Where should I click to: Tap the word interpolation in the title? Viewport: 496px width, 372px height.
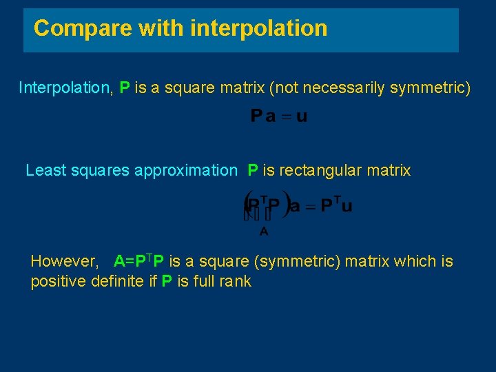coord(258,28)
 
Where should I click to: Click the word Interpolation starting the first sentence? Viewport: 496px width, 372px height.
coord(66,87)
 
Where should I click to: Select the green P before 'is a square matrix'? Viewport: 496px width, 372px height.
coord(125,87)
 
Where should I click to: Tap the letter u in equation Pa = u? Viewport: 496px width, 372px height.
coord(302,116)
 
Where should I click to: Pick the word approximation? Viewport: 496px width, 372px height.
coord(185,170)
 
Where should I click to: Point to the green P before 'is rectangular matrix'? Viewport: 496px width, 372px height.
coord(253,170)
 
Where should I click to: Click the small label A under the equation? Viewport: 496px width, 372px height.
coord(264,232)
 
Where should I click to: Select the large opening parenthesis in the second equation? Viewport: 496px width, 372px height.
coord(247,206)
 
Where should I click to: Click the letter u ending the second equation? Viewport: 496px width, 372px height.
coord(347,207)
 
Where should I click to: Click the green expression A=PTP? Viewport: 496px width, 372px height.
coord(139,261)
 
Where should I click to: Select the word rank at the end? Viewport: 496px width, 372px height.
coord(236,281)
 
